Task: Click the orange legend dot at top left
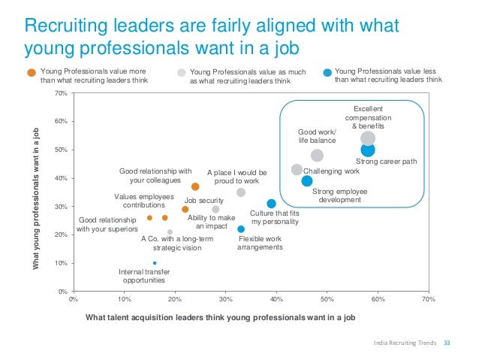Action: click(31, 73)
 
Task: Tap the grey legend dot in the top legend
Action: click(181, 73)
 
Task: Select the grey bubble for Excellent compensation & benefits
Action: click(367, 138)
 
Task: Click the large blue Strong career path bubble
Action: click(367, 150)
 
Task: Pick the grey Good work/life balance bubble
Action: click(317, 155)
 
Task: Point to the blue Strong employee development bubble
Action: click(306, 180)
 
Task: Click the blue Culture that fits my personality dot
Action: click(271, 204)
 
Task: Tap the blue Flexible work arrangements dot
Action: click(241, 228)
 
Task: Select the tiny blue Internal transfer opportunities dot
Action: click(154, 263)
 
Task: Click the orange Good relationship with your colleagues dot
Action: click(195, 186)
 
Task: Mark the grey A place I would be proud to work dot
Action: click(241, 192)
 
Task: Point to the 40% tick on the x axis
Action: click(276, 298)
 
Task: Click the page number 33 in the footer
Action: click(449, 343)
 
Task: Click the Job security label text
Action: click(204, 201)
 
